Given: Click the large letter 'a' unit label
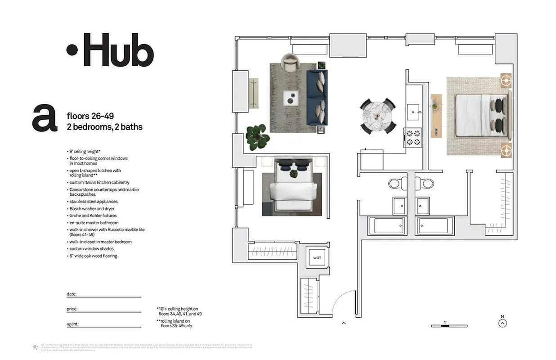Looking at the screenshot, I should (x=45, y=118).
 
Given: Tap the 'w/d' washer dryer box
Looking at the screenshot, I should (x=316, y=258).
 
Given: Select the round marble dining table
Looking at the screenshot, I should (x=378, y=116).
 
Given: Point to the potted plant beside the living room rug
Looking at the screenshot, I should (x=258, y=136).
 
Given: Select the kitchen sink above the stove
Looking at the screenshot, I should (x=413, y=110).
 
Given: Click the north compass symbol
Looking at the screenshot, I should (x=503, y=323).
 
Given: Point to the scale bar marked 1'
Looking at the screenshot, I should (x=449, y=325).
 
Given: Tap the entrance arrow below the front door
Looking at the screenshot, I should (x=344, y=323).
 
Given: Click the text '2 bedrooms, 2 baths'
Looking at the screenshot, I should (x=104, y=127).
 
